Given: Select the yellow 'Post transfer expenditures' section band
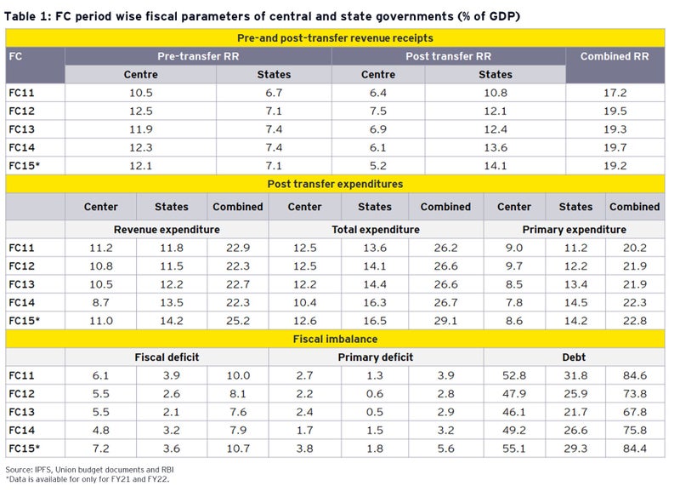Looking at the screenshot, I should pyautogui.click(x=335, y=183).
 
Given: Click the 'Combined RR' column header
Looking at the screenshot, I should pyautogui.click(x=615, y=57).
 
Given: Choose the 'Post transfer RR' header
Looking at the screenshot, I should pyautogui.click(x=448, y=56).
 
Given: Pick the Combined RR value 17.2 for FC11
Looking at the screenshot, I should pyautogui.click(x=615, y=93).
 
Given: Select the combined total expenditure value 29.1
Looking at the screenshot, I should pyautogui.click(x=445, y=321).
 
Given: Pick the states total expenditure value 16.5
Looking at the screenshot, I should pyautogui.click(x=375, y=321).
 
